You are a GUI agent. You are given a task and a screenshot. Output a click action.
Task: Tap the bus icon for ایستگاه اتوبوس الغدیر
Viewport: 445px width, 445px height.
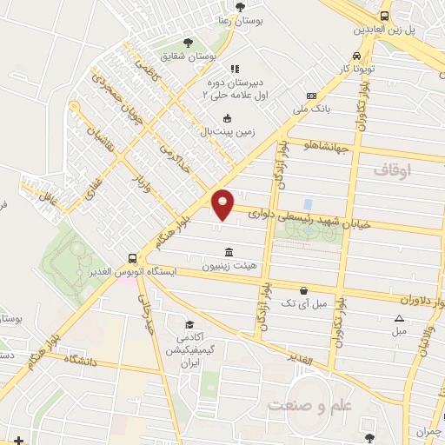click(132, 257)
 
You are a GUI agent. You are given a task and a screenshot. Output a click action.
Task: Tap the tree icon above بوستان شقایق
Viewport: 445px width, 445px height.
click(188, 41)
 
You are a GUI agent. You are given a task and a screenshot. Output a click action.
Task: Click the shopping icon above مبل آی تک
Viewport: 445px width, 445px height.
click(302, 290)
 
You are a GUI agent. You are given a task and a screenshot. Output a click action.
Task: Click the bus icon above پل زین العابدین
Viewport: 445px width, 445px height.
click(385, 16)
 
